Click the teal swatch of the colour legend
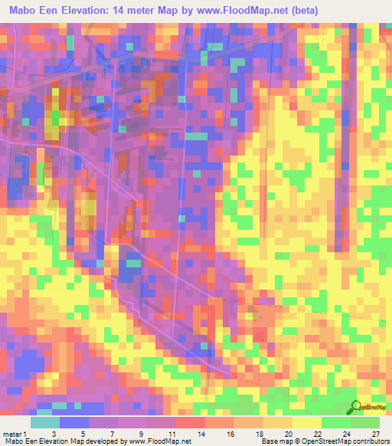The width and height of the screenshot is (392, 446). point(45,422)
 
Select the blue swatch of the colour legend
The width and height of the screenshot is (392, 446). point(74,422)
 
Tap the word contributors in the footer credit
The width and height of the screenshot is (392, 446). point(371,441)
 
